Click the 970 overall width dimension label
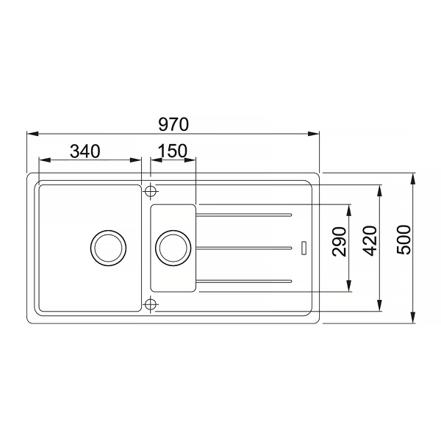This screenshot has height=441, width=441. click(x=173, y=124)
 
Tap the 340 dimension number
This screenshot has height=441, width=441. click(x=85, y=151)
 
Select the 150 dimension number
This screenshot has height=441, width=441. click(x=173, y=151)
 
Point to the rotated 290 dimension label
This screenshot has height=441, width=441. click(x=339, y=242)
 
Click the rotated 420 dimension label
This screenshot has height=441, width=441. click(x=369, y=241)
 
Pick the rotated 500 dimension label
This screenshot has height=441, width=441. click(x=404, y=240)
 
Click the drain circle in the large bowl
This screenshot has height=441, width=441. click(x=108, y=248)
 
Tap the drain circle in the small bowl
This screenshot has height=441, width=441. click(x=173, y=248)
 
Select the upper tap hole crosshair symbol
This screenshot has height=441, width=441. click(x=151, y=191)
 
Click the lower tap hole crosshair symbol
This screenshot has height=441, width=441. click(x=151, y=304)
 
